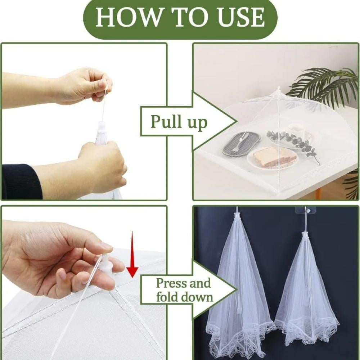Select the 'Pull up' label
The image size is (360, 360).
[x=179, y=122]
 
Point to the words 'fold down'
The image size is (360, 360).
[x=184, y=297]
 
